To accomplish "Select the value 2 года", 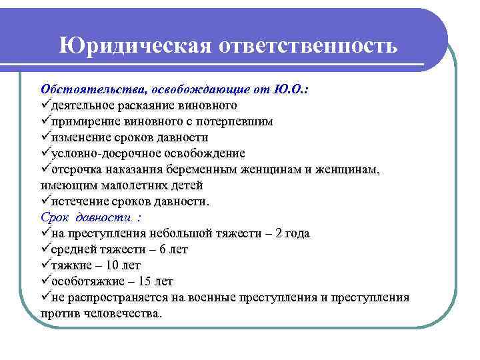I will click(x=292, y=233).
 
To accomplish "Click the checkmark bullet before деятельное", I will click(x=45, y=105).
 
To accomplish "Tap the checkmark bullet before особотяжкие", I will click(x=45, y=281).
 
